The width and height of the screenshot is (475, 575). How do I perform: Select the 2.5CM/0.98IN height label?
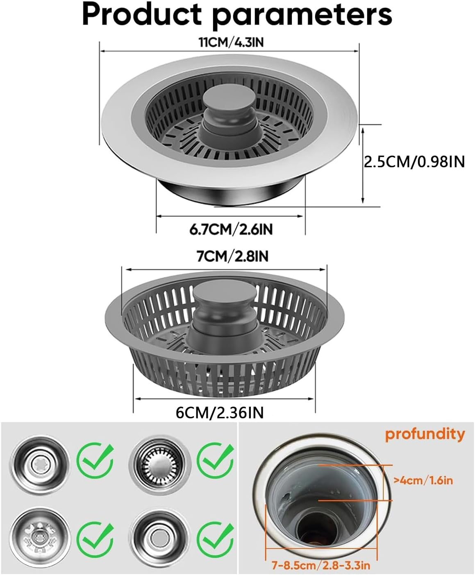pyautogui.click(x=414, y=162)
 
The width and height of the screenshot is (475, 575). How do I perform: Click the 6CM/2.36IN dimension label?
pyautogui.click(x=219, y=412)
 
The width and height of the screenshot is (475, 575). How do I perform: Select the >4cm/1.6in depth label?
pyautogui.click(x=423, y=480)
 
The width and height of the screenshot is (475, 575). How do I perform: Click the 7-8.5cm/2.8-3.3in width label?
pyautogui.click(x=321, y=565)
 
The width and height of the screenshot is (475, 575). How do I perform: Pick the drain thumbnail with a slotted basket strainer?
pyautogui.click(x=160, y=460)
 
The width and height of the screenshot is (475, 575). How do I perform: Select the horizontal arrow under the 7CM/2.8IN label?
pyautogui.click(x=226, y=269)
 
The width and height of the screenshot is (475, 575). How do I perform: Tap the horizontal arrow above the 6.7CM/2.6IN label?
pyautogui.click(x=230, y=216)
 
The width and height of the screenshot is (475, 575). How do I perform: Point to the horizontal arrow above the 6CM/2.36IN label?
pyautogui.click(x=225, y=398)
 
